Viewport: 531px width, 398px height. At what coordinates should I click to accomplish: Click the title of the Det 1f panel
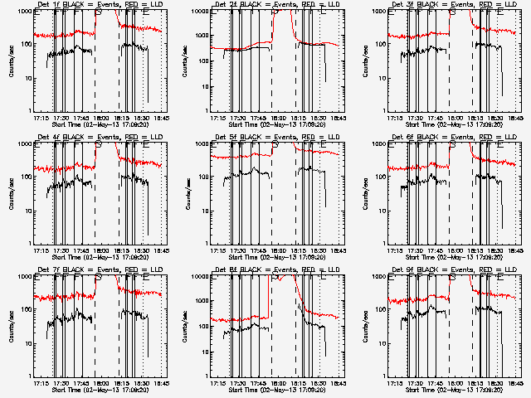click(x=92, y=5)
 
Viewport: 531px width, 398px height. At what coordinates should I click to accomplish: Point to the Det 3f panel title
click(x=446, y=5)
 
